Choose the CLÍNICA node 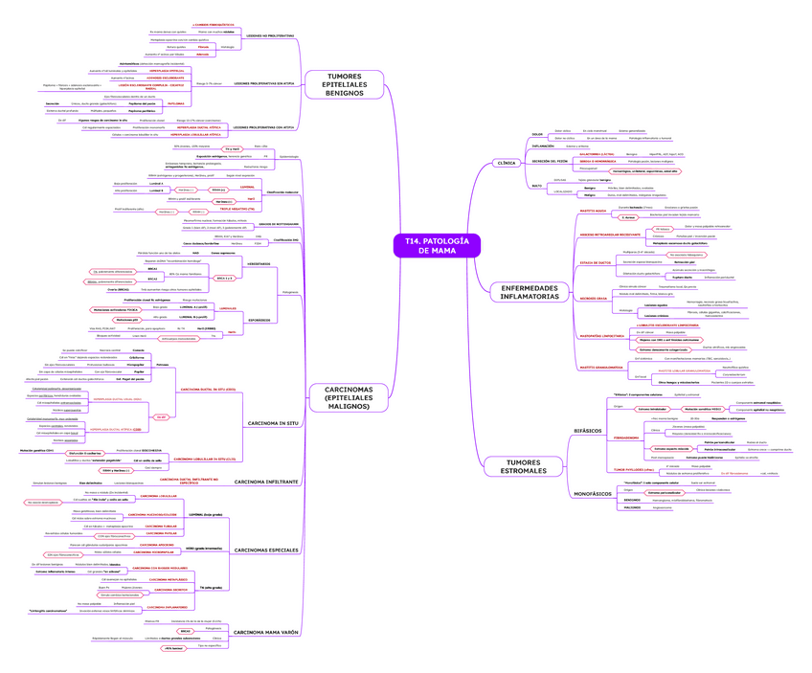506,163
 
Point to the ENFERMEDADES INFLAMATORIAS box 523,291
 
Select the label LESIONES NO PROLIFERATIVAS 269,35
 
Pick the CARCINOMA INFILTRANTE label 266,482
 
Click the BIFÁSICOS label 586,431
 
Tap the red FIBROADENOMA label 627,437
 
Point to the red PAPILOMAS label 204,101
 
